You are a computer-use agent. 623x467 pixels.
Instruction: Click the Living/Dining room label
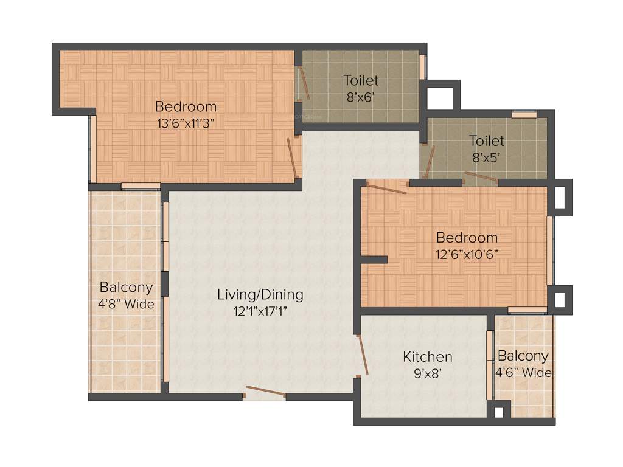pos(260,295)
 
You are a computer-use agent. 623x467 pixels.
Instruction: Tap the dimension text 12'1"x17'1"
pos(260,311)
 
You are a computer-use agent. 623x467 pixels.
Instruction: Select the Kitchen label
pos(428,356)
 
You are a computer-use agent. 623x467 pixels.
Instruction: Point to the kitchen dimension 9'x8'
pos(427,373)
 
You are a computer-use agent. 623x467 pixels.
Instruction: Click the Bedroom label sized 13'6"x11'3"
pos(186,106)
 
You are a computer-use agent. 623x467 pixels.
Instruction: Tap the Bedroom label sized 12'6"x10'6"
pos(467,237)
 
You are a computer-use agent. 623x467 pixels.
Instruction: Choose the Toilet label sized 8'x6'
pos(361,80)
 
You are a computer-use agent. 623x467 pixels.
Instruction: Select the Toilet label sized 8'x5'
pos(486,141)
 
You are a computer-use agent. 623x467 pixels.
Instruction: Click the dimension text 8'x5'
pos(486,157)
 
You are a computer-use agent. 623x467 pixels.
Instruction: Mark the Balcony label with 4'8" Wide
pos(127,287)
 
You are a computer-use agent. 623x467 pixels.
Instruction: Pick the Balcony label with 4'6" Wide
pos(523,356)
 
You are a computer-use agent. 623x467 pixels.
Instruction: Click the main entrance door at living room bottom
pos(263,392)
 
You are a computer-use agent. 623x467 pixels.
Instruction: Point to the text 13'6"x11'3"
pos(186,122)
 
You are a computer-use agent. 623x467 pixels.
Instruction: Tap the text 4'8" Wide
pos(127,303)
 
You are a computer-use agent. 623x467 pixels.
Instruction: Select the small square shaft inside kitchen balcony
pos(499,412)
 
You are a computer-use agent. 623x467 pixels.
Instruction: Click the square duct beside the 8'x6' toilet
pos(440,96)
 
